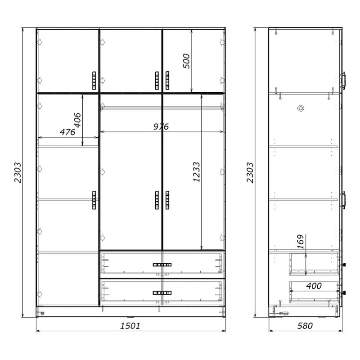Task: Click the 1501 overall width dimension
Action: pyautogui.click(x=130, y=325)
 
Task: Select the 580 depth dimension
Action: pyautogui.click(x=305, y=325)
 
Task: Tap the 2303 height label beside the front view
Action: pyautogui.click(x=18, y=172)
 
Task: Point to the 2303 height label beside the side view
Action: pyautogui.click(x=250, y=172)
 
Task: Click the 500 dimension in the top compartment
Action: pyautogui.click(x=186, y=61)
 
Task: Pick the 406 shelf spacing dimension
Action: pyautogui.click(x=77, y=120)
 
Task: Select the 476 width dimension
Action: pyautogui.click(x=67, y=132)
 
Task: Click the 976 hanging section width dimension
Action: pyautogui.click(x=161, y=126)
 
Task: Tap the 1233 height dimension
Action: pyautogui.click(x=197, y=172)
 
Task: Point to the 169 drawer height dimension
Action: pyautogui.click(x=300, y=242)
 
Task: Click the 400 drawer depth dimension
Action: pyautogui.click(x=314, y=286)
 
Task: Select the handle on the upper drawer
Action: pyautogui.click(x=162, y=265)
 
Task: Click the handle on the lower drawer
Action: pyautogui.click(x=162, y=293)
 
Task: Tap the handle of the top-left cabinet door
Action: pyautogui.click(x=94, y=81)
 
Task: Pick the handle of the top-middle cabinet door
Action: pyautogui.click(x=157, y=81)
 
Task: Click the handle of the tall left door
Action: pyautogui.click(x=94, y=200)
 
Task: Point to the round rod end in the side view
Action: pyautogui.click(x=301, y=108)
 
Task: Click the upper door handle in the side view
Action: pyautogui.click(x=343, y=81)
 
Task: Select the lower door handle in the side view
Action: pyautogui.click(x=343, y=200)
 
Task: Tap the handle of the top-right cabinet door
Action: pyautogui.click(x=167, y=81)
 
